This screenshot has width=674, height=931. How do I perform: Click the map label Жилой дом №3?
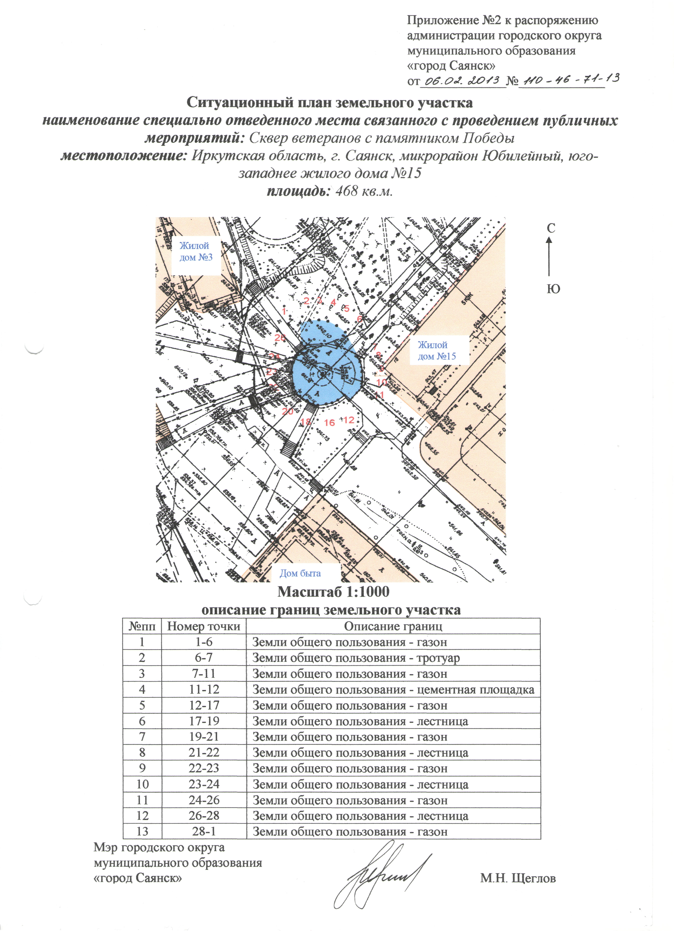(196, 252)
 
